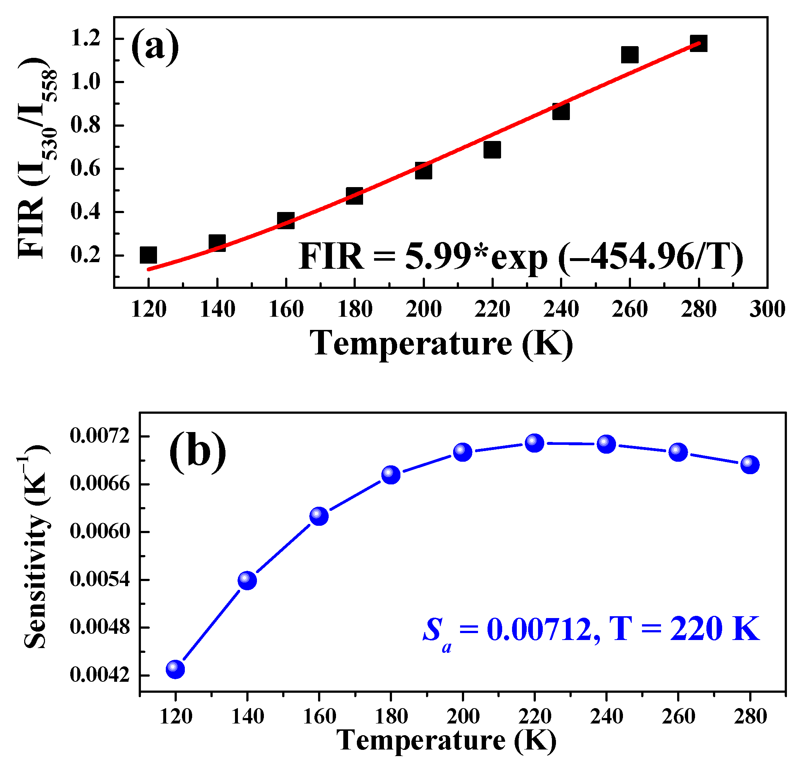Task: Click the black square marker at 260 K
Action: click(630, 54)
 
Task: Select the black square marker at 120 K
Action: click(148, 255)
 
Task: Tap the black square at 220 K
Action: click(492, 150)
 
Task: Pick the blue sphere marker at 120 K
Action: click(175, 669)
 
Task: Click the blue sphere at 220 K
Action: click(534, 443)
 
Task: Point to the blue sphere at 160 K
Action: click(319, 516)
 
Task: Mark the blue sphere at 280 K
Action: click(750, 465)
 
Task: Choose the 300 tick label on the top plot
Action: click(767, 309)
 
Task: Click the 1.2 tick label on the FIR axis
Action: click(85, 39)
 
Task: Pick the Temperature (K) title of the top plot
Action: click(441, 343)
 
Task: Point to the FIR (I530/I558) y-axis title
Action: click(35, 157)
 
